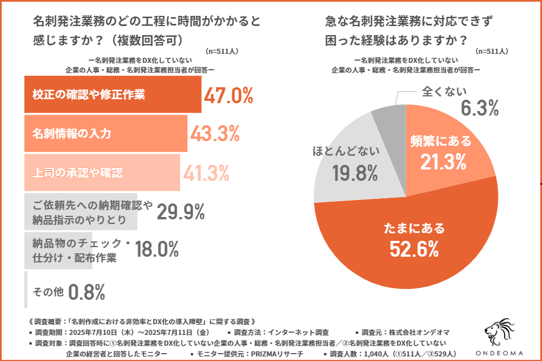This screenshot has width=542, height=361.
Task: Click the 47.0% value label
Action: (228, 96)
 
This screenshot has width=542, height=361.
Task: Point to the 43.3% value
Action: (215, 134)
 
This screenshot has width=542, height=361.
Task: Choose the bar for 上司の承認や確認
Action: (102, 172)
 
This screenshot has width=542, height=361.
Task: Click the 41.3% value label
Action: (205, 172)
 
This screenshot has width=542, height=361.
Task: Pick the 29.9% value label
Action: (180, 211)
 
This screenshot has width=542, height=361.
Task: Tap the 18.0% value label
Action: (157, 249)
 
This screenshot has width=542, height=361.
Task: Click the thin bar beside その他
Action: (26, 290)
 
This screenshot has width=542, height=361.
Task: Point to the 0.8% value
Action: (87, 292)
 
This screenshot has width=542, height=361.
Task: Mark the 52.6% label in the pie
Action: (414, 248)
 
